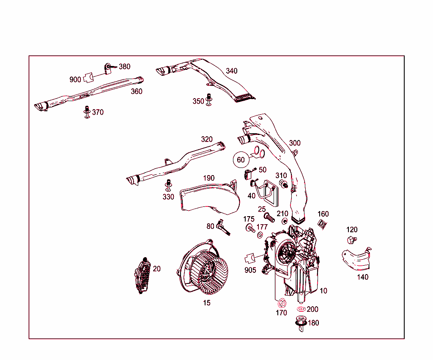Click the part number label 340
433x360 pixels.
pyautogui.click(x=231, y=71)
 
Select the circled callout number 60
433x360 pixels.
pyautogui.click(x=241, y=160)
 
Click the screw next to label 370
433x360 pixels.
pyautogui.click(x=87, y=112)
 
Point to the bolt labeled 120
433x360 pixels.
pyautogui.click(x=351, y=240)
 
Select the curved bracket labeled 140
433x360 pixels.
pyautogui.click(x=356, y=259)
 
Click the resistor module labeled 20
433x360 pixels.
pyautogui.click(x=143, y=275)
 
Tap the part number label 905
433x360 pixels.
pyautogui.click(x=250, y=270)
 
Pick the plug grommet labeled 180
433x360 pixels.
pyautogui.click(x=301, y=322)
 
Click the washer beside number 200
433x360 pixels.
pyautogui.click(x=301, y=309)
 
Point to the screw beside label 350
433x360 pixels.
pyautogui.click(x=208, y=100)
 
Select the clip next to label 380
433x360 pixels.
pyautogui.click(x=108, y=67)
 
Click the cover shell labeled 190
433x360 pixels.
pyautogui.click(x=209, y=197)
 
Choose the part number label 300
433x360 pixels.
pyautogui.click(x=295, y=143)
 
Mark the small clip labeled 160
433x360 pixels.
pyautogui.click(x=322, y=224)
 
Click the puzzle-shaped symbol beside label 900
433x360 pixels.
pyautogui.click(x=88, y=77)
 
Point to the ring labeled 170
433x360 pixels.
pyautogui.click(x=281, y=303)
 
